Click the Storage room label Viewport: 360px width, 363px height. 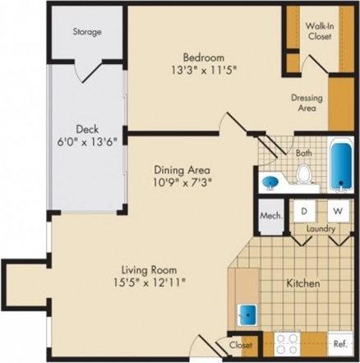point(86,32)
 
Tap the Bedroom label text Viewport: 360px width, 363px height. point(203,57)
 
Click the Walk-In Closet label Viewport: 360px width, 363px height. point(320,30)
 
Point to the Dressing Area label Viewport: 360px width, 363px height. point(307,103)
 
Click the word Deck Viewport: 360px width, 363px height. point(88,129)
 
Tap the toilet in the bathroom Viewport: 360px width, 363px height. point(304,174)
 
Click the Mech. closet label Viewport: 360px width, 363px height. point(270,215)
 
